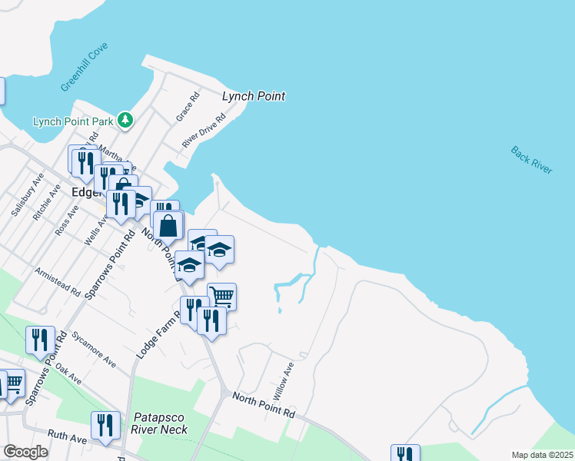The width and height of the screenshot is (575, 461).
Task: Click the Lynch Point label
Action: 253,96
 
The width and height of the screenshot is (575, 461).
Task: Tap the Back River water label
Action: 531,160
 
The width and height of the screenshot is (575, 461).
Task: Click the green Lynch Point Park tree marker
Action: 125,120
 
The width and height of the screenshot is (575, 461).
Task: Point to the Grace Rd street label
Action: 188,106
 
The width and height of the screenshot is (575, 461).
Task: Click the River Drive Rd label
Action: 204,131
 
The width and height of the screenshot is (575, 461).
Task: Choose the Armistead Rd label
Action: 58,281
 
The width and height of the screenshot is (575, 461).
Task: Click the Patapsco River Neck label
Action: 161,423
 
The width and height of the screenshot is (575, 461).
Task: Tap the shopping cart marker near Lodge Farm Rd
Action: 221,296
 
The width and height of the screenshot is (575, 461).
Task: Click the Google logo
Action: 25,452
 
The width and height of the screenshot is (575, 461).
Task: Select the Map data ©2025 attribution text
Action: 542,455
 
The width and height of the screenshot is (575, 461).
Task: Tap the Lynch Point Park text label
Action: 73,121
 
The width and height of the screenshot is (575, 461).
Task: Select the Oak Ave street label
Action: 69,373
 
